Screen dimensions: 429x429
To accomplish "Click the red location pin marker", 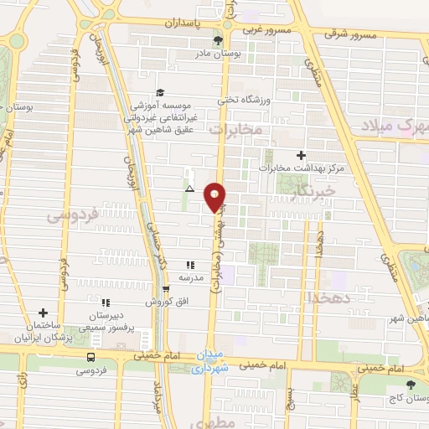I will coord(215,196).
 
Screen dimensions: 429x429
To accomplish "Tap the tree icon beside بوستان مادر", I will coord(219,39).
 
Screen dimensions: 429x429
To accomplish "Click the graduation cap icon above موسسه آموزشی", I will coord(159,93).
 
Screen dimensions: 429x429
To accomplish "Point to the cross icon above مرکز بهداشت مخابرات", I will coord(301,155).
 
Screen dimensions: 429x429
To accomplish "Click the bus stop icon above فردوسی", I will coord(90,355).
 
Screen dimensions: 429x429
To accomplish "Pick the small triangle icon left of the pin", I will coord(190,189).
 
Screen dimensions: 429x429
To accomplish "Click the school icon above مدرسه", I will coord(189,264).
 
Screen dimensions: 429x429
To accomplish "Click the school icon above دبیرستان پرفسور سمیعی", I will coord(106,302).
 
